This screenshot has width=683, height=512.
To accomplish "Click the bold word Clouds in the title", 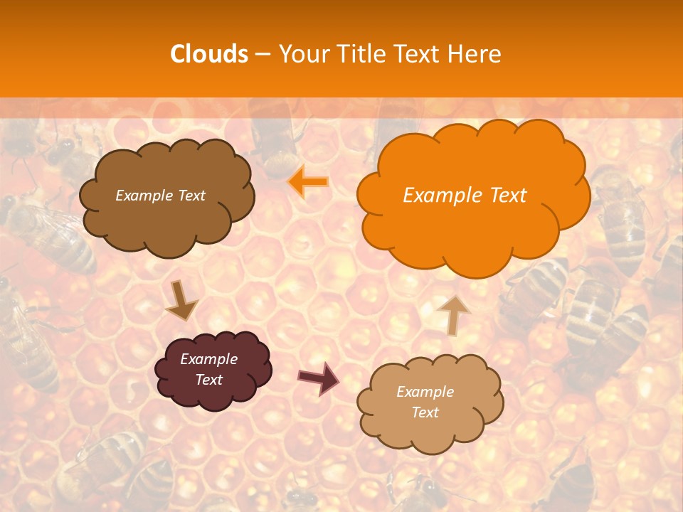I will click(x=209, y=54).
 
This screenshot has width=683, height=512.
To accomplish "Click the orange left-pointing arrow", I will click(x=308, y=182).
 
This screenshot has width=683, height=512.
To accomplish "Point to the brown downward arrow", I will click(x=181, y=300).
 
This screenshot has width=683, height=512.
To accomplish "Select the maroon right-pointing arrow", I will click(x=318, y=378).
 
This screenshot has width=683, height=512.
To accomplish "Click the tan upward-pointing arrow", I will click(x=453, y=314).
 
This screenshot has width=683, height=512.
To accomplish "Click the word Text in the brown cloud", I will click(x=191, y=196).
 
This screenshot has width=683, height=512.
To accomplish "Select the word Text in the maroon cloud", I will click(x=209, y=380).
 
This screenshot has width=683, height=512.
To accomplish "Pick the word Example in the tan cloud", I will click(x=425, y=392).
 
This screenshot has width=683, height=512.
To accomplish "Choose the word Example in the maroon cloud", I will click(x=209, y=359).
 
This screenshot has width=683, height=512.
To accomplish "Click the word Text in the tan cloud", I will click(x=425, y=412).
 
